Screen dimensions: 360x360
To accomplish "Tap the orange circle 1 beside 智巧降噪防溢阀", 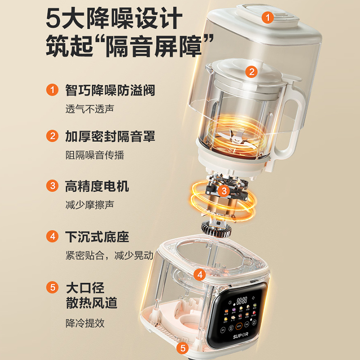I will tap(53, 90).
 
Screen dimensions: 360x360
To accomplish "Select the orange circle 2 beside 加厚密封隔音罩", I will tap(53, 135).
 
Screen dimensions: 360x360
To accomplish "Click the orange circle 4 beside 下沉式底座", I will tap(53, 236).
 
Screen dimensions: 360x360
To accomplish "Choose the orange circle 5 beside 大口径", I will tap(53, 287).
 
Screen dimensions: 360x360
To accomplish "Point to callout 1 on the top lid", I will tap(268, 18).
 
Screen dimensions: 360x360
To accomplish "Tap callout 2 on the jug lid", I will tap(251, 71).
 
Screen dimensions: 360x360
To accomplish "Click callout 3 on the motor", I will tap(224, 191).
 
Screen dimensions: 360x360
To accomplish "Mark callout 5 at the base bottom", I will tap(183, 347).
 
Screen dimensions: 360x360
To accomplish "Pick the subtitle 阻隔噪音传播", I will tap(94, 155).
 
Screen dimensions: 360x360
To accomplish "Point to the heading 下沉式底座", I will tap(97, 236).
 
